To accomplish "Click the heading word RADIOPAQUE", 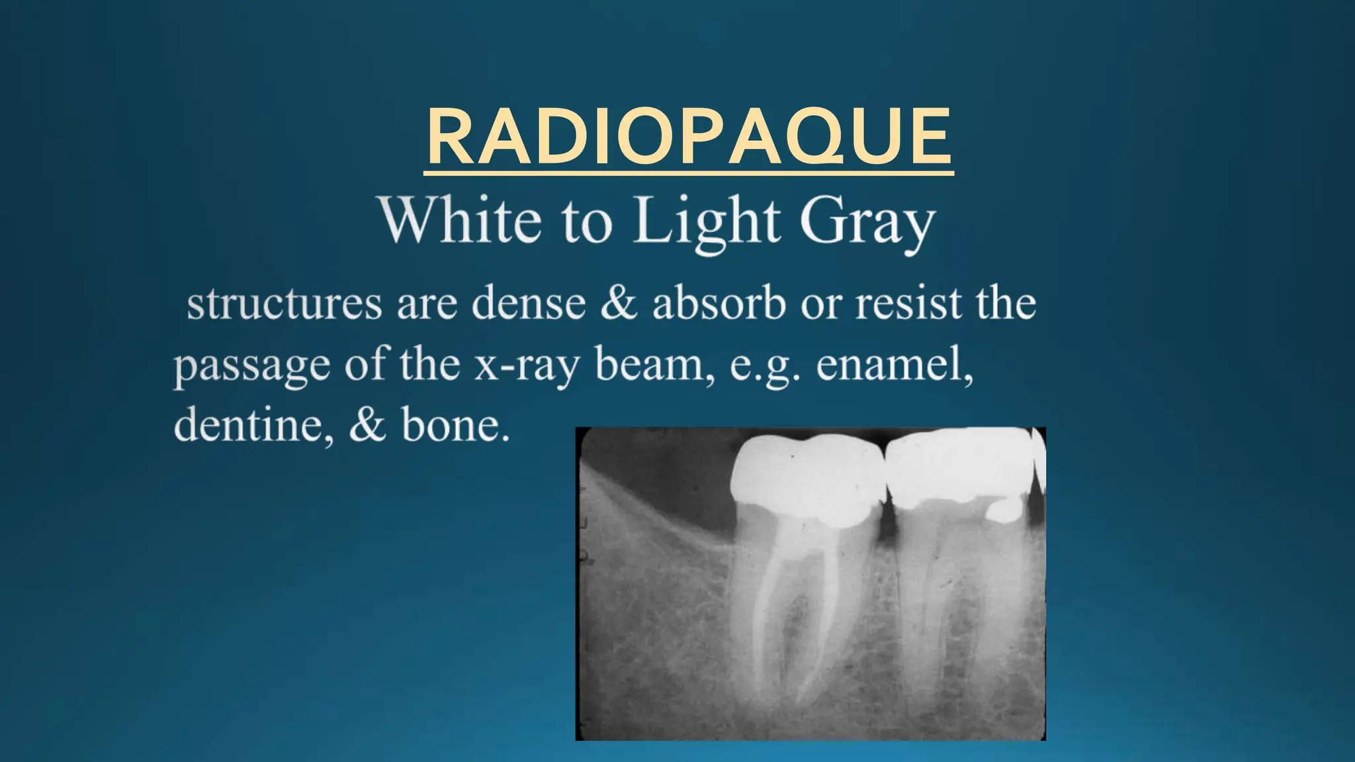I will [x=689, y=137].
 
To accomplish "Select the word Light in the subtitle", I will [x=707, y=222].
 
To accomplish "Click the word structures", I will [x=284, y=304].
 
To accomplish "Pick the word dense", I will [x=529, y=304].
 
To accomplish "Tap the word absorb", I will [x=719, y=304].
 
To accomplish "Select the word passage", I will [x=251, y=366].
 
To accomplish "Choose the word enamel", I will [x=893, y=364].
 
